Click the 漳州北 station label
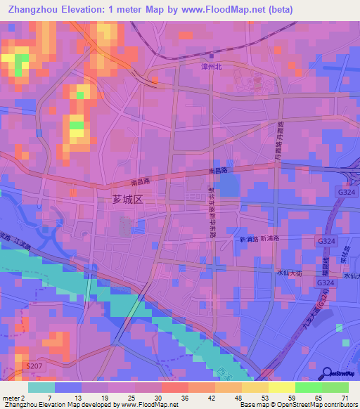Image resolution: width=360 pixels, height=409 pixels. coord(211,67)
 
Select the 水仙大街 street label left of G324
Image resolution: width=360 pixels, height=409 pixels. coord(289,273)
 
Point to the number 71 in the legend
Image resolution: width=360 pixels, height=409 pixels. coord(345,397)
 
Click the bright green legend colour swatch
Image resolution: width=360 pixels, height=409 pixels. coord(309,387)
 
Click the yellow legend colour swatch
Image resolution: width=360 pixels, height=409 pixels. coord(283,387)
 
